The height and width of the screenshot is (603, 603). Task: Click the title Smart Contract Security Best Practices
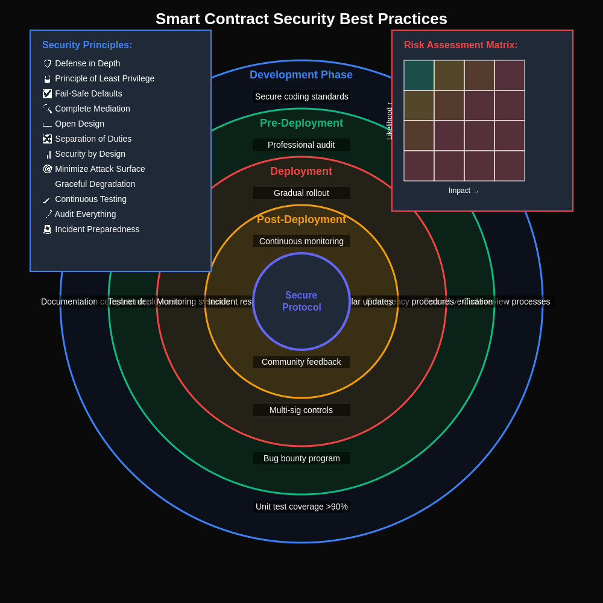pyautogui.click(x=301, y=19)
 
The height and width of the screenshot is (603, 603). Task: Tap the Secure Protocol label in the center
pyautogui.click(x=301, y=301)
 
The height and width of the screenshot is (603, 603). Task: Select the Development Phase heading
pyautogui.click(x=301, y=75)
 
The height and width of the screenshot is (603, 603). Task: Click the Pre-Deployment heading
pyautogui.click(x=301, y=123)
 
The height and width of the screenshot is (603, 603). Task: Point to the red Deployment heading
pyautogui.click(x=301, y=171)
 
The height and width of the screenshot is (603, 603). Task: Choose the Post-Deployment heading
pyautogui.click(x=301, y=219)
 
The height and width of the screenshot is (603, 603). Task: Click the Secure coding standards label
pyautogui.click(x=301, y=96)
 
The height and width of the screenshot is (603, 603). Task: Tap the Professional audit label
pyautogui.click(x=301, y=145)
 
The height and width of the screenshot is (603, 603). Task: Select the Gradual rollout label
pyautogui.click(x=301, y=193)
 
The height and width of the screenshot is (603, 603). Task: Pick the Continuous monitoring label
pyautogui.click(x=301, y=241)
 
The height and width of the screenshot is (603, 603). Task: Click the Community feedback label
pyautogui.click(x=301, y=362)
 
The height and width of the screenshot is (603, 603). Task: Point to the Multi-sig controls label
pyautogui.click(x=301, y=410)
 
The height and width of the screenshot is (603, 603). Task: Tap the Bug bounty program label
pyautogui.click(x=301, y=458)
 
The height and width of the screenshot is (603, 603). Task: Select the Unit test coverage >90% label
pyautogui.click(x=301, y=507)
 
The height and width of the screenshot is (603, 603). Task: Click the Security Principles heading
pyautogui.click(x=87, y=45)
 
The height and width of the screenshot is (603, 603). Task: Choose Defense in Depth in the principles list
pyautogui.click(x=87, y=63)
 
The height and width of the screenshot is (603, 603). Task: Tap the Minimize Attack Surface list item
pyautogui.click(x=99, y=169)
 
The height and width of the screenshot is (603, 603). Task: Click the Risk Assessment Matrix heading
pyautogui.click(x=461, y=45)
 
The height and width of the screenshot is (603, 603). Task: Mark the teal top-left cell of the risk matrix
pyautogui.click(x=419, y=75)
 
